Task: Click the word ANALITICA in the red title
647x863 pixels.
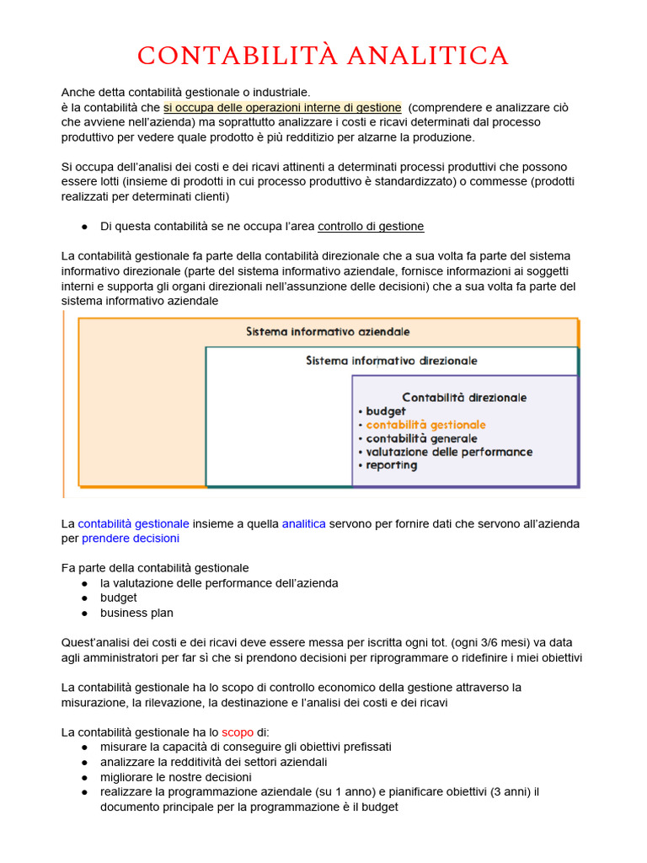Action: click(427, 56)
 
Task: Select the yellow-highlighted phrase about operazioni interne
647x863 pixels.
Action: click(282, 107)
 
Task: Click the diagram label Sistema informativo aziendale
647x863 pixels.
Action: click(328, 332)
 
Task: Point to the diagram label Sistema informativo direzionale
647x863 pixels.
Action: click(391, 361)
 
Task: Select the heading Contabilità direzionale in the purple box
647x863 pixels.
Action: click(464, 397)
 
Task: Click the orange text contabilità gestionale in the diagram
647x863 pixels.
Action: click(425, 425)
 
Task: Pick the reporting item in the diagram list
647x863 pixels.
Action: click(391, 465)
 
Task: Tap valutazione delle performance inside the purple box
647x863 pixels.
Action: click(449, 452)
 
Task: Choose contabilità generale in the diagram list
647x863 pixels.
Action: click(421, 438)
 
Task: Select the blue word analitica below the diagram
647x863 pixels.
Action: click(303, 523)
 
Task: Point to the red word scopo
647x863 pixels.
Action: click(237, 732)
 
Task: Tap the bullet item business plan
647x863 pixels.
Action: click(136, 613)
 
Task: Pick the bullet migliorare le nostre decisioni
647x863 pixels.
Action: click(175, 776)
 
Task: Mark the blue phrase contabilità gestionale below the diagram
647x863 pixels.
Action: click(133, 523)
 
